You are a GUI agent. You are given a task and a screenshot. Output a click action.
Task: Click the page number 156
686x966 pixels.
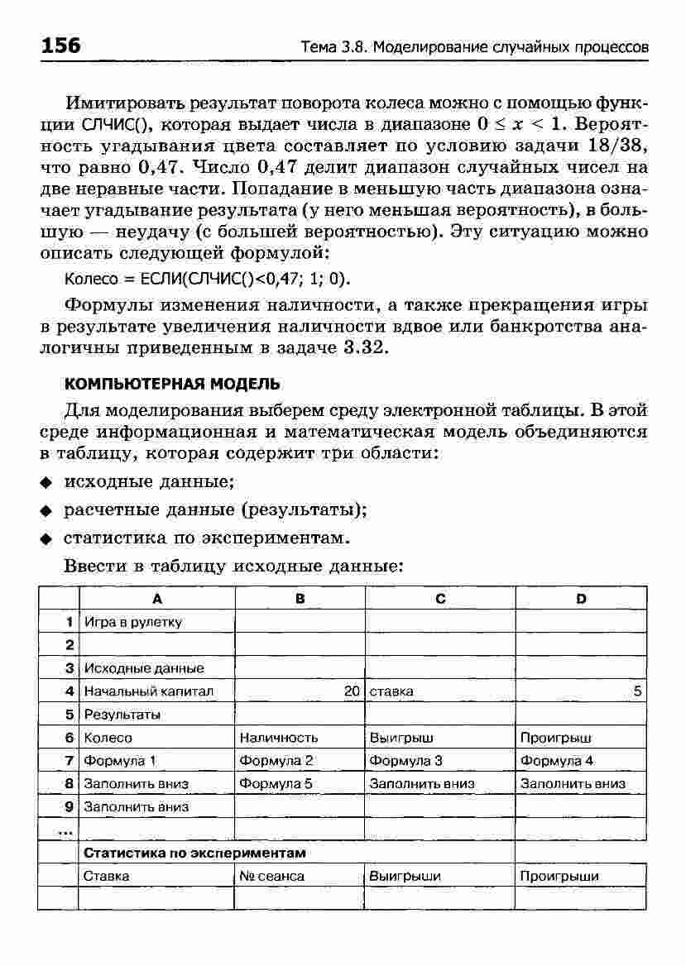60,46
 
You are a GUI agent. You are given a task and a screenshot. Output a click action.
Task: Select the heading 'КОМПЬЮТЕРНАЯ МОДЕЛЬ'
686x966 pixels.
172,385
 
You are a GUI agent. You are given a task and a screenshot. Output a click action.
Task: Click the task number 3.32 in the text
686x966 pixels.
364,348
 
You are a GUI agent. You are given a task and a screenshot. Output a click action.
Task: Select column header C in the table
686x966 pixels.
440,599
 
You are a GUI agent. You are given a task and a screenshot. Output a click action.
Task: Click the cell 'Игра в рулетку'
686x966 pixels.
133,622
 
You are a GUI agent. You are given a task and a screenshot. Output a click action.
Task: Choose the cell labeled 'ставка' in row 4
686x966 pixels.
391,691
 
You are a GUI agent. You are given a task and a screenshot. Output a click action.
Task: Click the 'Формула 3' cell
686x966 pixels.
405,760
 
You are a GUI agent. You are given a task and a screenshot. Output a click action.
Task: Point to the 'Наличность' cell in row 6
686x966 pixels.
279,737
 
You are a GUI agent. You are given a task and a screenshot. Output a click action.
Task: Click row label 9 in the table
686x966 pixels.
70,806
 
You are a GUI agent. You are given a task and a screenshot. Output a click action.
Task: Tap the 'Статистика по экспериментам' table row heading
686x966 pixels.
195,852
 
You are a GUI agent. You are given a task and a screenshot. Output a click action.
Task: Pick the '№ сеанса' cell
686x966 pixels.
271,876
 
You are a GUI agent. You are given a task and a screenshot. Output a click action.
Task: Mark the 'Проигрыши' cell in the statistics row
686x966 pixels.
559,876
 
